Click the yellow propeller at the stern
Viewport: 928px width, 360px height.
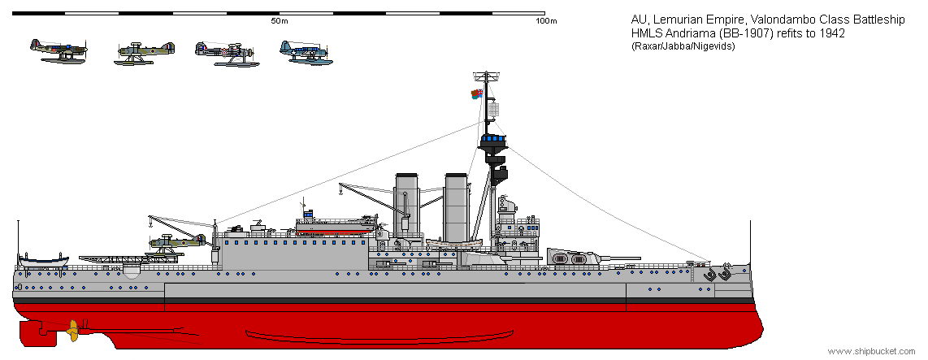click(73, 331)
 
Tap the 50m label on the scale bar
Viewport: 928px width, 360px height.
click(280, 21)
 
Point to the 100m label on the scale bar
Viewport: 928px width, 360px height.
click(546, 21)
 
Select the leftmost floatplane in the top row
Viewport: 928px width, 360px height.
click(59, 51)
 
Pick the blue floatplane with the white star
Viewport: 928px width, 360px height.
click(304, 51)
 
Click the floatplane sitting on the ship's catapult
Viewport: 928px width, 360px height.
click(177, 243)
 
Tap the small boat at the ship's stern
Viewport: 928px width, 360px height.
click(43, 261)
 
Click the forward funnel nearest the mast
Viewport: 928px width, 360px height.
click(457, 206)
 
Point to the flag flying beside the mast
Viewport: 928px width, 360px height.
click(476, 93)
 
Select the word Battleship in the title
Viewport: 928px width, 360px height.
click(879, 20)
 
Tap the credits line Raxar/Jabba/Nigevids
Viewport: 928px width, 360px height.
click(683, 46)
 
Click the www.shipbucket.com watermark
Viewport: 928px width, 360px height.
click(871, 351)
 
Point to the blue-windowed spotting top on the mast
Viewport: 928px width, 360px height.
click(493, 141)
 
